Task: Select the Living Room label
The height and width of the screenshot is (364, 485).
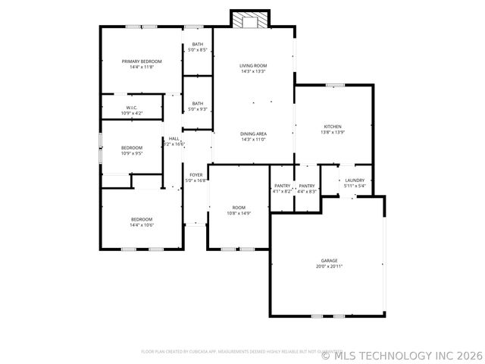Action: (x=253, y=65)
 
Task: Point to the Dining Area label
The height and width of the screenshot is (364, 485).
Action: (x=253, y=134)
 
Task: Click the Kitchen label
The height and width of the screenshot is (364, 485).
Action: (x=333, y=126)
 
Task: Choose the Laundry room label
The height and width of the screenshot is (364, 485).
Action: (x=355, y=180)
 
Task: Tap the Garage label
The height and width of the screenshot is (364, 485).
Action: (x=329, y=260)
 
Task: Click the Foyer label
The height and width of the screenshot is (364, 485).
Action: (x=196, y=174)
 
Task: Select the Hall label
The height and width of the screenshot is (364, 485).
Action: (x=174, y=139)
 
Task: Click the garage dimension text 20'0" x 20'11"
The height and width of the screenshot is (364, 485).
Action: (x=329, y=266)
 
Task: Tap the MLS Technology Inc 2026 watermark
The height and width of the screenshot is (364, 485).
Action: (x=402, y=354)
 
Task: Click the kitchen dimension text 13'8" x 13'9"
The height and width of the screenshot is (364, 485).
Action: (x=333, y=132)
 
